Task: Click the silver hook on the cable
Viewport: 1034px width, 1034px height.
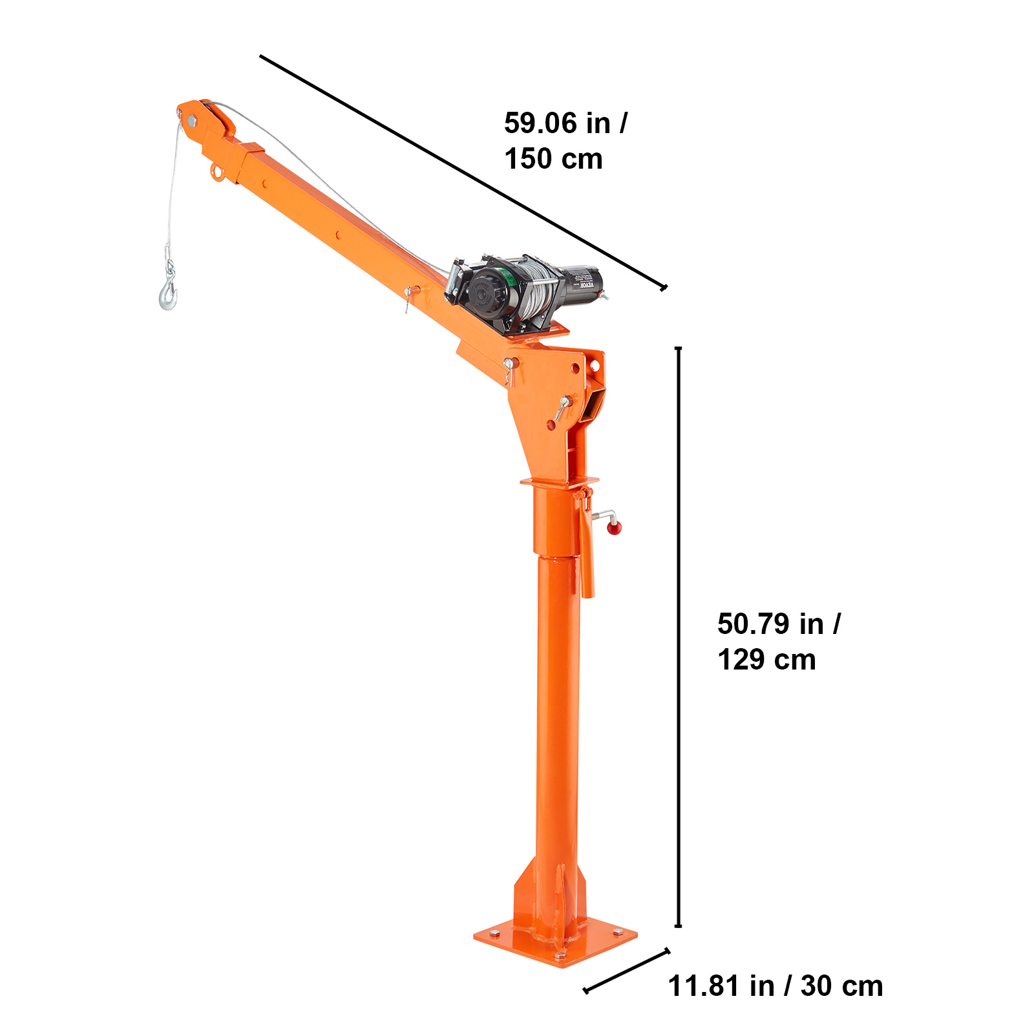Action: tap(168, 294)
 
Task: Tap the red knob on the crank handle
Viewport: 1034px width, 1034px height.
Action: tap(614, 528)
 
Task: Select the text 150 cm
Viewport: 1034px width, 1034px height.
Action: tap(553, 159)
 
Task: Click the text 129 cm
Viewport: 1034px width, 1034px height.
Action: tap(766, 660)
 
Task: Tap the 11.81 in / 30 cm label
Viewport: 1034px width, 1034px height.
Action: tap(775, 986)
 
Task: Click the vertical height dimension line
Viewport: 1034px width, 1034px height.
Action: tap(678, 637)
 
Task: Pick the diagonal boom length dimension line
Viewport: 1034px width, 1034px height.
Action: tap(462, 172)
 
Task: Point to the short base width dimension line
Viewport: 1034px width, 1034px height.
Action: tap(626, 971)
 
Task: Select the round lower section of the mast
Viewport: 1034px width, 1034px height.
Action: tap(557, 711)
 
